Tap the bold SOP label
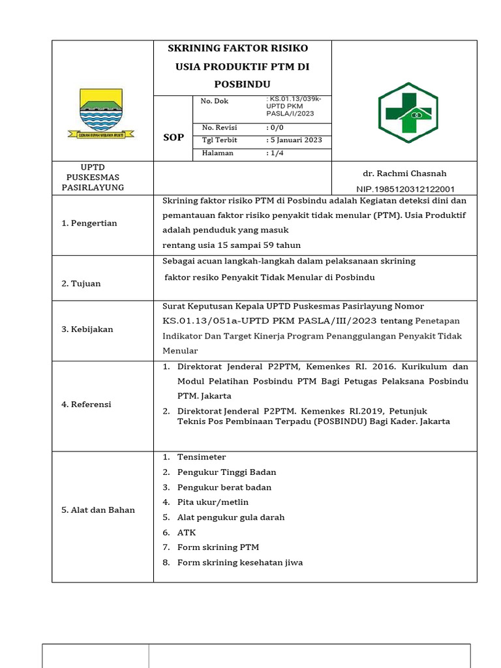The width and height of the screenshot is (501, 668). (x=173, y=137)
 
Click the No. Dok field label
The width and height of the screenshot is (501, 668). (x=215, y=101)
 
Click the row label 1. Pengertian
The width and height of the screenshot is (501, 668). (x=89, y=223)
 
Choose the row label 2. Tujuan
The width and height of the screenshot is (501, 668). (x=82, y=284)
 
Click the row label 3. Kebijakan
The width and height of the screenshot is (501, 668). (x=87, y=329)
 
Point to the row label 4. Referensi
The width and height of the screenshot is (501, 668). (x=87, y=404)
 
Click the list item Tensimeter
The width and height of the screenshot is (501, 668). (x=202, y=457)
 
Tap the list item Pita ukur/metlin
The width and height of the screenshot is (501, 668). (x=213, y=502)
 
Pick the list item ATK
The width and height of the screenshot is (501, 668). (x=186, y=532)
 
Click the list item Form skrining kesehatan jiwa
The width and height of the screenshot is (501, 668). (x=239, y=562)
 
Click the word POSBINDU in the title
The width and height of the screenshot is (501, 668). (x=242, y=85)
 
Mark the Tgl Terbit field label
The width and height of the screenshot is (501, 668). (x=219, y=140)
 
